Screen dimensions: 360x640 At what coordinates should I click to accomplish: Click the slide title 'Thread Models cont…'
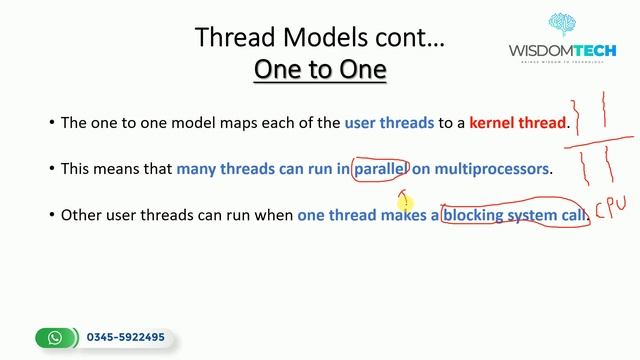click(x=319, y=38)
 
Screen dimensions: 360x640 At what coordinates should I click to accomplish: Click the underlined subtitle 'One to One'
click(x=319, y=70)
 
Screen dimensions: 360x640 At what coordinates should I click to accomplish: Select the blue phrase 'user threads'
click(x=389, y=124)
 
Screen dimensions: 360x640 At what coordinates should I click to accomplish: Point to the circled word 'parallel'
click(x=381, y=169)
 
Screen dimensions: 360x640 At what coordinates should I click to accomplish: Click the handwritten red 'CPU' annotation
click(x=610, y=208)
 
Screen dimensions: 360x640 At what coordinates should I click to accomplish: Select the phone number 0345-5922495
click(x=125, y=338)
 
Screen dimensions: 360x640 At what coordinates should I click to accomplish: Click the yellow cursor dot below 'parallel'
click(x=406, y=202)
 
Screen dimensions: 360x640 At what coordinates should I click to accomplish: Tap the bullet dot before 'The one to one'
click(x=52, y=124)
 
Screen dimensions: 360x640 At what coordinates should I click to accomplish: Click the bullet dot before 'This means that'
click(x=52, y=169)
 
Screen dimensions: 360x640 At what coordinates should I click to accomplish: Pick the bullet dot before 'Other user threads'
click(x=52, y=215)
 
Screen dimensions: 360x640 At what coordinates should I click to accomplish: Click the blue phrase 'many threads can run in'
click(x=263, y=169)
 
